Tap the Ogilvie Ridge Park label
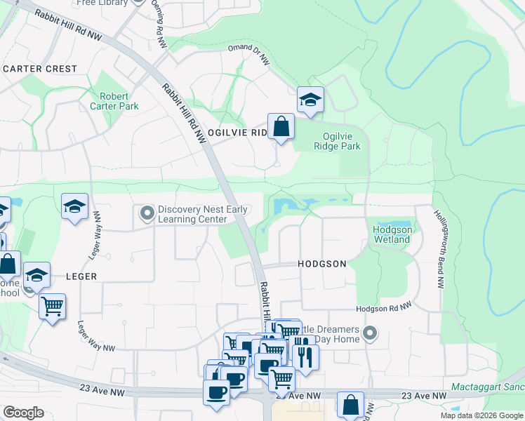coord(341,141)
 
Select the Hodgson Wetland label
coord(392,234)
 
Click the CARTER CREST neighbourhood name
coord(40,69)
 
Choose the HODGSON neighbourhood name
coord(321,264)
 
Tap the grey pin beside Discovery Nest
coord(147,212)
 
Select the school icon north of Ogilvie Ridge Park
coord(309,100)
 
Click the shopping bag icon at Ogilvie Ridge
coord(281,127)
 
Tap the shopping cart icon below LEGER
coord(53,306)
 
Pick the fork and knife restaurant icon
coord(305,356)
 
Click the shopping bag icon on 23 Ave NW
coord(350,405)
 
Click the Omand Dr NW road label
coord(249,55)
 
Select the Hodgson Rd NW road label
coord(386,308)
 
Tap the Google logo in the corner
coord(23,413)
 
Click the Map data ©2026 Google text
coord(481,415)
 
